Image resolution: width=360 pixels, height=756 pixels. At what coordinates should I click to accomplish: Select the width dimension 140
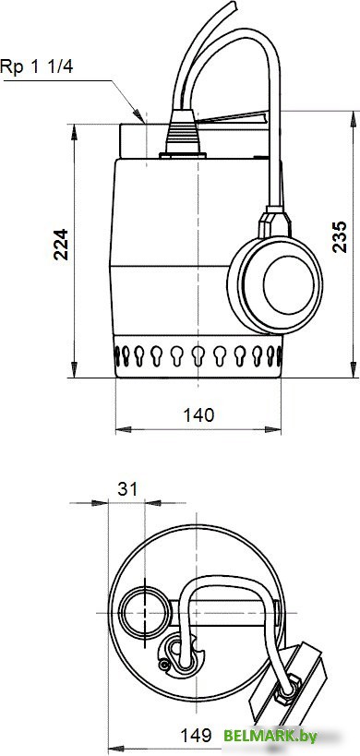[199, 414]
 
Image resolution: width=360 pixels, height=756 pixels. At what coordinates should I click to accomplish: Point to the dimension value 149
[193, 736]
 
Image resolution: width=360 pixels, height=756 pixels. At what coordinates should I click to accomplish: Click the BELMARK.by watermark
[270, 736]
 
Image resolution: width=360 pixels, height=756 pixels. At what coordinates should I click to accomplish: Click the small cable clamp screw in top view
[164, 664]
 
